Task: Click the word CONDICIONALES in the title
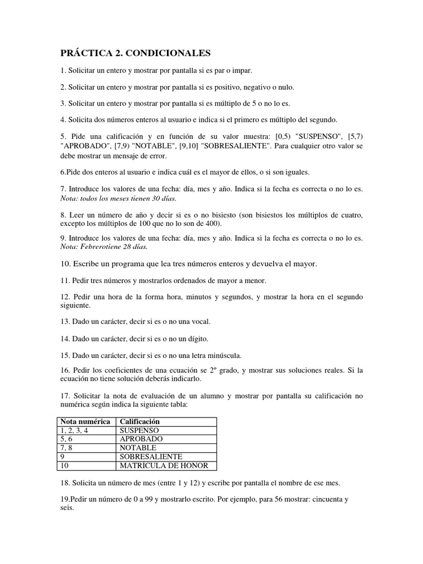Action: tap(172, 53)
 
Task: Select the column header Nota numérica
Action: tap(85, 421)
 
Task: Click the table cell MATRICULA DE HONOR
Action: tap(164, 466)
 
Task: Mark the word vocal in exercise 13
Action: tap(198, 321)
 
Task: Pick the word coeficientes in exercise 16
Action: tap(118, 371)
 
